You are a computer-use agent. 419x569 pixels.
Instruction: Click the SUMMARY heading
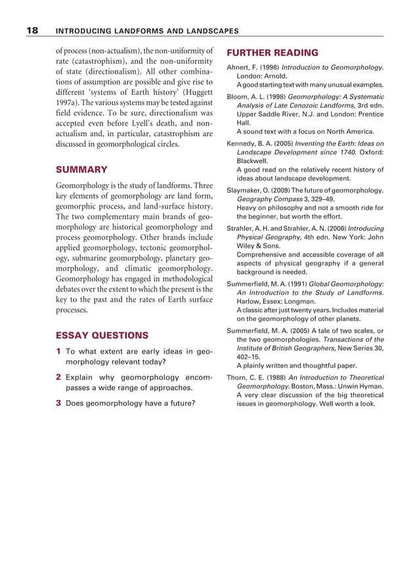[81, 169]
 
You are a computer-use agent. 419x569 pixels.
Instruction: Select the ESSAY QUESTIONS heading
[102, 334]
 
